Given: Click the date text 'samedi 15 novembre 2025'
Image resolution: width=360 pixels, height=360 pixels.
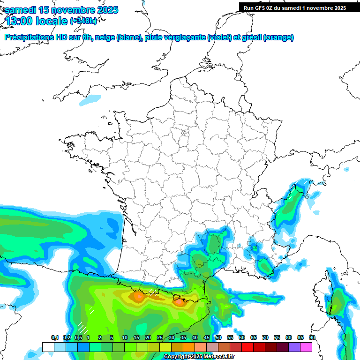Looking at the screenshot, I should tap(61, 10).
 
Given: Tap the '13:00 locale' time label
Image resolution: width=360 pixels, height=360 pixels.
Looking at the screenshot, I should tap(35, 21).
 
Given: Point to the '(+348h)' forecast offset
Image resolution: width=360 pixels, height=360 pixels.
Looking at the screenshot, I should tap(84, 21).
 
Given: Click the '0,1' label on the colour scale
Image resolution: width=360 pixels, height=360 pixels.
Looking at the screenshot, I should tap(55, 338).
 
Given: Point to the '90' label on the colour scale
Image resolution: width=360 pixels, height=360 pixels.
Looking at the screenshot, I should tap(312, 338).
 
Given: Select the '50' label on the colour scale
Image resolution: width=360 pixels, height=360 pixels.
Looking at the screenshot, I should tap(218, 338).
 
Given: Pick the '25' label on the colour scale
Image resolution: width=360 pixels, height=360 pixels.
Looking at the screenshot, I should tap(160, 338).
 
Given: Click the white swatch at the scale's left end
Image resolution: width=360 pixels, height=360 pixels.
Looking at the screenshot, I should tap(48, 347).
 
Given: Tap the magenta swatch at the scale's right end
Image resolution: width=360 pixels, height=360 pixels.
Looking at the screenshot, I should tap(306, 347).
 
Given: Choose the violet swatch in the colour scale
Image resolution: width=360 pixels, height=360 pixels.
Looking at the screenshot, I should tap(294, 347).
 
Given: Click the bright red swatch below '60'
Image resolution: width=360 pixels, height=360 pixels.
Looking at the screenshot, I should tap(247, 347).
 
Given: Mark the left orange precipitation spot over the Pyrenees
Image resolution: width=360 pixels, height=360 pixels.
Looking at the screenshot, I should tap(139, 296).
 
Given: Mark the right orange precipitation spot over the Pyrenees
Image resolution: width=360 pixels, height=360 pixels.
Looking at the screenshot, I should tap(179, 302).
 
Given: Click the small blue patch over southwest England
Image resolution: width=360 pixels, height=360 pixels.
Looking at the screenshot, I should tap(90, 99).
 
